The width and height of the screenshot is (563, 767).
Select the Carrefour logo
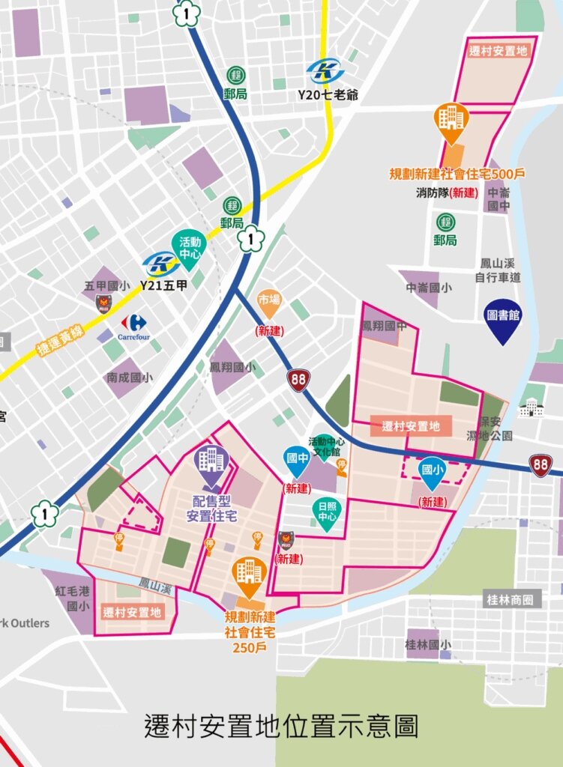pyautogui.click(x=133, y=327)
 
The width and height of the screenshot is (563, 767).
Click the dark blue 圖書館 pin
pyautogui.click(x=502, y=318)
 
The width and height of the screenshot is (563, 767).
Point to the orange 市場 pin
pyautogui.click(x=268, y=302)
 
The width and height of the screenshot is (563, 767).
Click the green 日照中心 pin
pyautogui.click(x=325, y=514)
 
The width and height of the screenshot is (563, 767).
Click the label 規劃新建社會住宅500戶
pyautogui.click(x=457, y=174)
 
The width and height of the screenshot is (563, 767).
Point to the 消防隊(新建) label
pyautogui.click(x=447, y=192)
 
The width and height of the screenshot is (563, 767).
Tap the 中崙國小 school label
pyautogui.click(x=429, y=287)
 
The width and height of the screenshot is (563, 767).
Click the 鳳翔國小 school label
pyautogui.click(x=232, y=367)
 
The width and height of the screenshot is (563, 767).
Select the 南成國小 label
pyautogui.click(x=129, y=378)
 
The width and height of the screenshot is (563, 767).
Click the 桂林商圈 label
pyautogui.click(x=513, y=600)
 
